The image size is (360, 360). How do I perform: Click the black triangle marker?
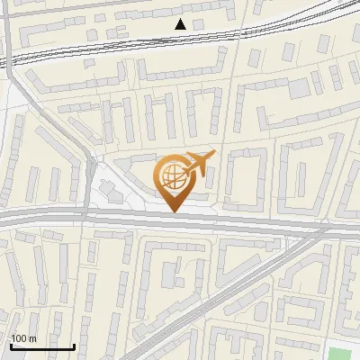click(x=181, y=24)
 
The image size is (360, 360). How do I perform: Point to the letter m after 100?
click(x=32, y=338)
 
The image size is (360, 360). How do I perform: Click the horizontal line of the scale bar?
click(x=41, y=346)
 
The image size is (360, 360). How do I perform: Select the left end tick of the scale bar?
click(x=10, y=344)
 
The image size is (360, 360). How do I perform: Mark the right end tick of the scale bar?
click(x=74, y=344)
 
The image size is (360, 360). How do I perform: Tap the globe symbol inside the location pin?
click(x=172, y=177)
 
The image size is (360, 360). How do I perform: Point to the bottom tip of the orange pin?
click(x=174, y=211)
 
